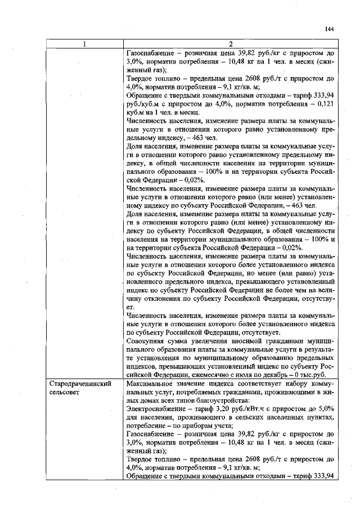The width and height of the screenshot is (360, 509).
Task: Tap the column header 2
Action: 231,44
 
